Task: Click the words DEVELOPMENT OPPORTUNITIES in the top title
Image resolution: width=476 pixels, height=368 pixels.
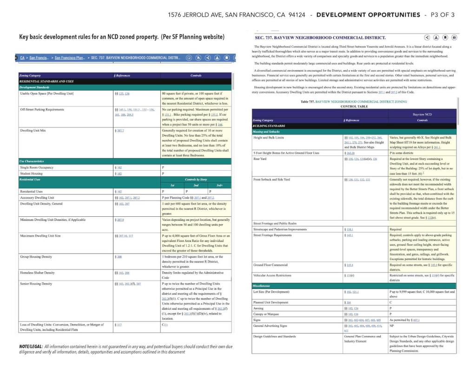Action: [368, 15]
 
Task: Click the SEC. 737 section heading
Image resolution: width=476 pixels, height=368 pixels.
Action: [320, 37]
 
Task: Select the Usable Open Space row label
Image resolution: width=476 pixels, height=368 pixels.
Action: [47, 94]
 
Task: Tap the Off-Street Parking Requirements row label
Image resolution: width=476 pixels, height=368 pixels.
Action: [42, 109]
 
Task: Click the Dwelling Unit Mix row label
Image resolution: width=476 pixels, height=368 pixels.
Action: [33, 131]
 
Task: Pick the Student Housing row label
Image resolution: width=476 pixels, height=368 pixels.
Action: [32, 173]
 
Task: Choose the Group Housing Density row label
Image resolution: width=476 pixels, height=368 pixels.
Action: [36, 256]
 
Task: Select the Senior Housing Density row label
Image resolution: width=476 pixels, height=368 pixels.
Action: [36, 283]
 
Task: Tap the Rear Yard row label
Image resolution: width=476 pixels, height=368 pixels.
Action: [260, 159]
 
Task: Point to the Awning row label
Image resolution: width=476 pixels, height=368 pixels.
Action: [258, 308]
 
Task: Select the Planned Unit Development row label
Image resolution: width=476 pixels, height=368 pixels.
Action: [271, 302]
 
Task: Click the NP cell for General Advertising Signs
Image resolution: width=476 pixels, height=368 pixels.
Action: [392, 326]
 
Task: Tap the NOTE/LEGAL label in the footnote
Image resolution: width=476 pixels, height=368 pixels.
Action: [31, 347]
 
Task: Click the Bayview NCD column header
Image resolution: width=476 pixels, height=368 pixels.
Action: [422, 114]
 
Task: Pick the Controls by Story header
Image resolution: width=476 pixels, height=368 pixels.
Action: [196, 179]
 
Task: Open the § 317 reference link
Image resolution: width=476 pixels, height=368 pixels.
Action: [117, 324]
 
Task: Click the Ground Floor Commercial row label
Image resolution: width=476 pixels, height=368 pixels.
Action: [271, 265]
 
